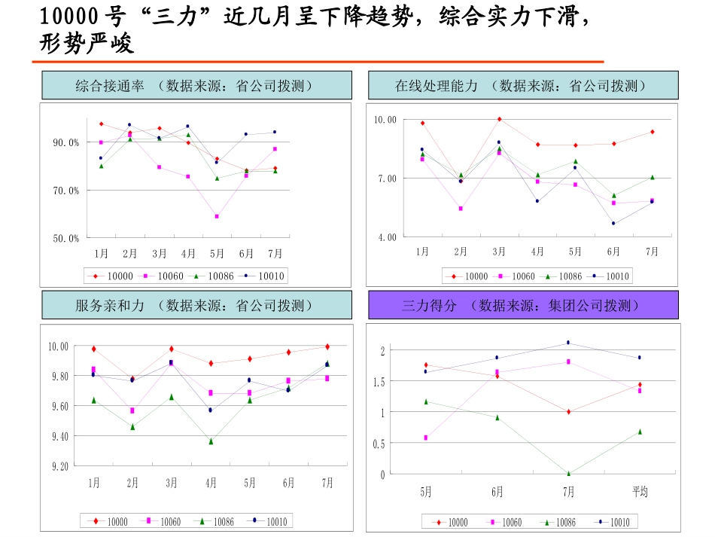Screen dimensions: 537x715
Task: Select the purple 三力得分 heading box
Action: click(523, 305)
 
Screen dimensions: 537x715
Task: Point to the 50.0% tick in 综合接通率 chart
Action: click(65, 238)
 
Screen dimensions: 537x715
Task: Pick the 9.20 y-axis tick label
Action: click(58, 466)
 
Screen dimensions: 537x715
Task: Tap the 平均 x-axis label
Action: click(639, 492)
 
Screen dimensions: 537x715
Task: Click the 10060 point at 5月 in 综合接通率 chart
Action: click(217, 216)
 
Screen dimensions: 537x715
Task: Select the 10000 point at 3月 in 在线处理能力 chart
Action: click(499, 119)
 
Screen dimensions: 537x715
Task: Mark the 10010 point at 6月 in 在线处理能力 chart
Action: click(613, 223)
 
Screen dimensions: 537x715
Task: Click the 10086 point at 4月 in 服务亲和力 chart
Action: click(211, 441)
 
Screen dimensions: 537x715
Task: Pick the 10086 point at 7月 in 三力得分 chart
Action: click(568, 474)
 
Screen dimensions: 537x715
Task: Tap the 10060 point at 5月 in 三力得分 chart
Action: click(426, 438)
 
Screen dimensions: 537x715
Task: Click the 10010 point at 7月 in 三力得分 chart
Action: click(568, 343)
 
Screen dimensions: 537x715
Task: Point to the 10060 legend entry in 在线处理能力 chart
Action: click(517, 276)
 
